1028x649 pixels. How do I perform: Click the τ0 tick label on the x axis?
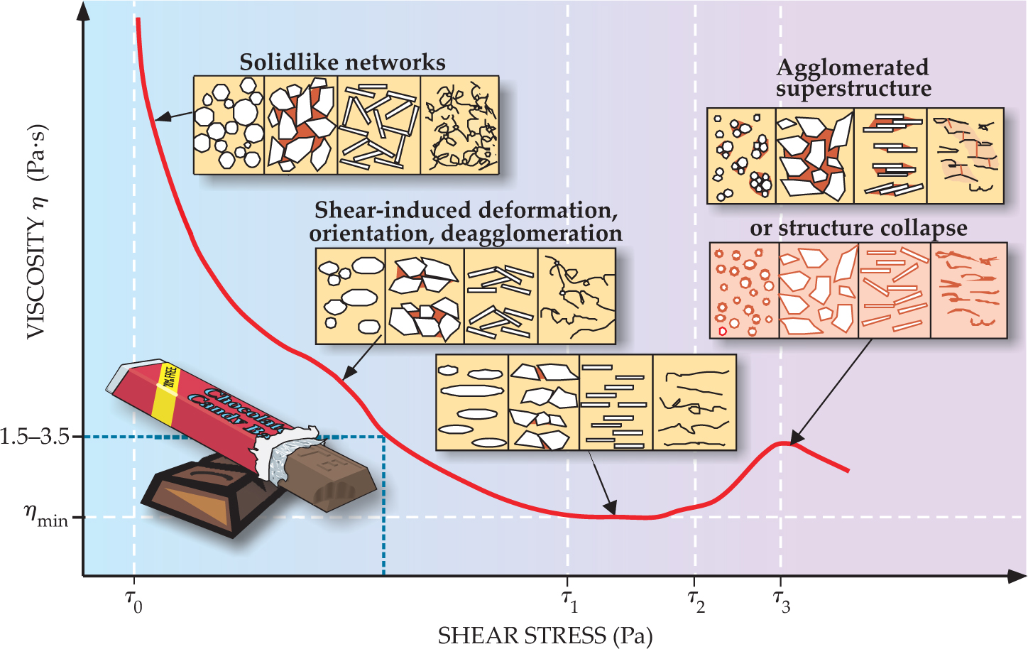(x=133, y=601)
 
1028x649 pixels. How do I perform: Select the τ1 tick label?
(x=569, y=601)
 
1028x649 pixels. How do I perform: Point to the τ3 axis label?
(x=782, y=601)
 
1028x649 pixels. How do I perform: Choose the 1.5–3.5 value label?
(x=35, y=436)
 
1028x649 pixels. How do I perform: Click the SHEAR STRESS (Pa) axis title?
(x=545, y=636)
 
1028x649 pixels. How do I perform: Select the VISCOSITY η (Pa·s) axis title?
(x=35, y=234)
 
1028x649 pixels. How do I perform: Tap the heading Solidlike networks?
(x=342, y=62)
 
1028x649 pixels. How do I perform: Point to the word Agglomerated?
(x=852, y=67)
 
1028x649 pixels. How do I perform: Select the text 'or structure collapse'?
(x=858, y=228)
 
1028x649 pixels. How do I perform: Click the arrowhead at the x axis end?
(x=1017, y=576)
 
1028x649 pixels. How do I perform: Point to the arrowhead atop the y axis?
(x=84, y=11)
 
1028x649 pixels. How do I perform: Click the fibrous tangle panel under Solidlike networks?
(x=460, y=126)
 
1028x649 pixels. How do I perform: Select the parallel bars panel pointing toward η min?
(x=616, y=403)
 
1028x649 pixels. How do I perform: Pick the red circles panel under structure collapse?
(x=744, y=290)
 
